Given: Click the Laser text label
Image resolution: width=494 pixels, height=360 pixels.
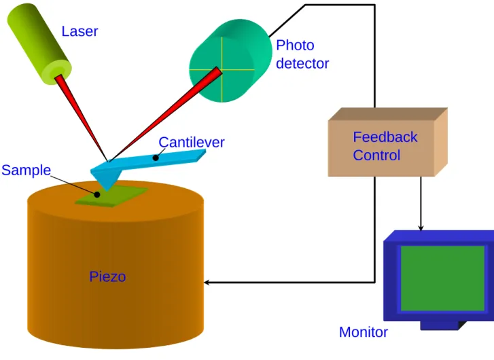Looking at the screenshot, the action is pos(80,31).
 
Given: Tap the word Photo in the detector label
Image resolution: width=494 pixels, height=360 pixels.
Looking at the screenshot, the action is pos(295,46).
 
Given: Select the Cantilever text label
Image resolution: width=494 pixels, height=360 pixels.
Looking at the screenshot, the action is pos(192,143).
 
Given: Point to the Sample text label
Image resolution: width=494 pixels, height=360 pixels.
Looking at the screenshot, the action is pos(26,170).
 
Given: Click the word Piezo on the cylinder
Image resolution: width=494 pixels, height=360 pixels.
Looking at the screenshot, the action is pos(107,277).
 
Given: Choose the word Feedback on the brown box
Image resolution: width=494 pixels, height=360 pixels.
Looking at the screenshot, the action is pos(385,137).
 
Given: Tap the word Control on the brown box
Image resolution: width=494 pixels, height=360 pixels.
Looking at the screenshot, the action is pos(376,156).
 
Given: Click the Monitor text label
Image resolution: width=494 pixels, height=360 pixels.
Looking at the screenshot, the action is pos(364,332).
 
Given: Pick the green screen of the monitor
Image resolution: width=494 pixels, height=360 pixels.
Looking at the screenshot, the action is pos(442,278).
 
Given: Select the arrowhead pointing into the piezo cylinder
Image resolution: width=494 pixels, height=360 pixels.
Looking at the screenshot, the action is pos(207,283).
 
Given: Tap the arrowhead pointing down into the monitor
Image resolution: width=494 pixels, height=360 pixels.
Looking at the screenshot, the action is pos(421,228).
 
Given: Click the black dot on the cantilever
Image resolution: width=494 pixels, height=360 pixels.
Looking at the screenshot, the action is pos(156,158).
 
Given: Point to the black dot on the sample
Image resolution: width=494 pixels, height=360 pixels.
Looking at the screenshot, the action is pos(97,195).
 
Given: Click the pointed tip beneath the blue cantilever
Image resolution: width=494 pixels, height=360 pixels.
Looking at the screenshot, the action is pos(107,190).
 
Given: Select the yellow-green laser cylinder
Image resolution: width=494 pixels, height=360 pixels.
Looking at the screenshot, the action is pos(39,44).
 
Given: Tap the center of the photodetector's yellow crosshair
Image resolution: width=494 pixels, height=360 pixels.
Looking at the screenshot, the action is pos(222,69).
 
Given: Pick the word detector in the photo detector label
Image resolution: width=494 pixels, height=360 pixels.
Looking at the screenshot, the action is pos(302,64).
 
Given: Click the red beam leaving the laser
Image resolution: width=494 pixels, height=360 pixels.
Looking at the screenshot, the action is pos(82,118).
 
